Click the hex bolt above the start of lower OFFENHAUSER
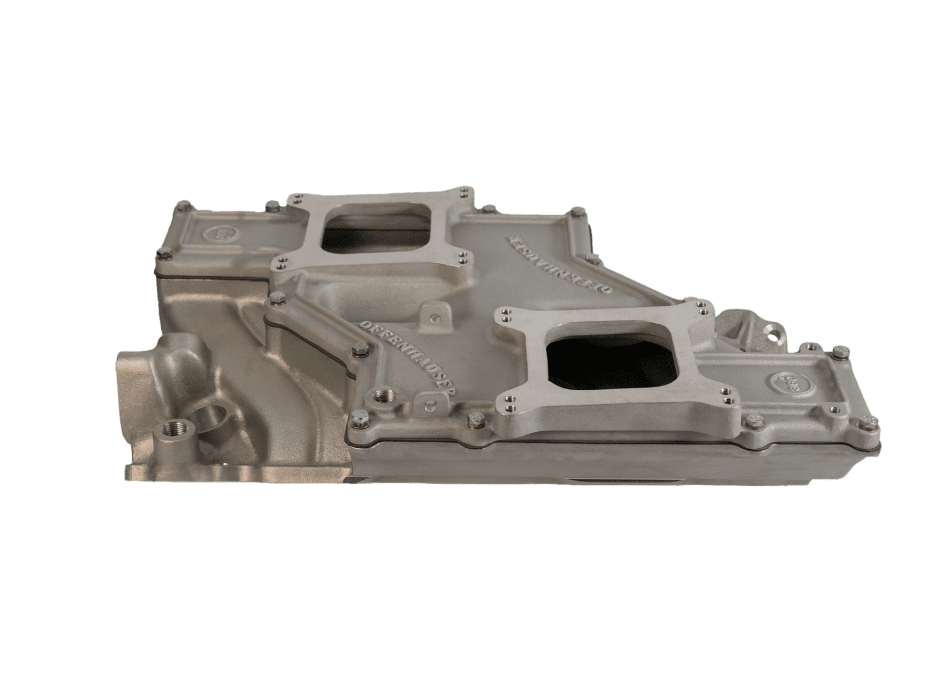coord(358,349)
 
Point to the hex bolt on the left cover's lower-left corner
coord(165,254)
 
